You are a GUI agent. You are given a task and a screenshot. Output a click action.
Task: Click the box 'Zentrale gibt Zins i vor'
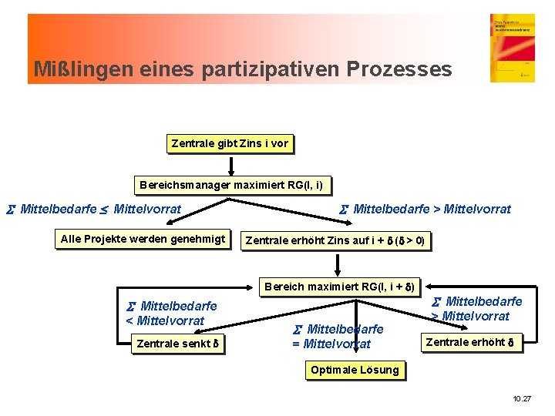click(x=230, y=143)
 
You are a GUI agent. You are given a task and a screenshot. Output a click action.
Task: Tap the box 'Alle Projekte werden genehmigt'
click(x=143, y=239)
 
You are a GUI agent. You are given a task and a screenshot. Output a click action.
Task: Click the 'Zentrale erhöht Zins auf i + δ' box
click(x=335, y=241)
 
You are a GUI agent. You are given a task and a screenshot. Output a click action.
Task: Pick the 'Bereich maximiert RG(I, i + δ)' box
click(x=339, y=287)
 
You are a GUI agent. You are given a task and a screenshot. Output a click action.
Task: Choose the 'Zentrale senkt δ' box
click(x=177, y=344)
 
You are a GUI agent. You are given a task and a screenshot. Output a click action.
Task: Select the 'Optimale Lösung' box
click(x=355, y=370)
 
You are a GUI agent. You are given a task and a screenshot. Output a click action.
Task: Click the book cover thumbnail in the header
click(x=512, y=48)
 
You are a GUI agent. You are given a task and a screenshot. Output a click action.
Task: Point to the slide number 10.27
click(x=522, y=399)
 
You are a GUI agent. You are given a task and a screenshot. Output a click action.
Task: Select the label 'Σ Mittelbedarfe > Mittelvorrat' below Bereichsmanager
click(x=425, y=209)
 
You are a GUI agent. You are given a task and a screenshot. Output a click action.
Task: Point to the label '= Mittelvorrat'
click(x=331, y=344)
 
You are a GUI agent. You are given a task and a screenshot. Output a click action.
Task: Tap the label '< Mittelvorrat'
click(x=165, y=320)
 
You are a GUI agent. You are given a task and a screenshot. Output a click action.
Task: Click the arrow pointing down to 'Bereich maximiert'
click(x=338, y=264)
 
